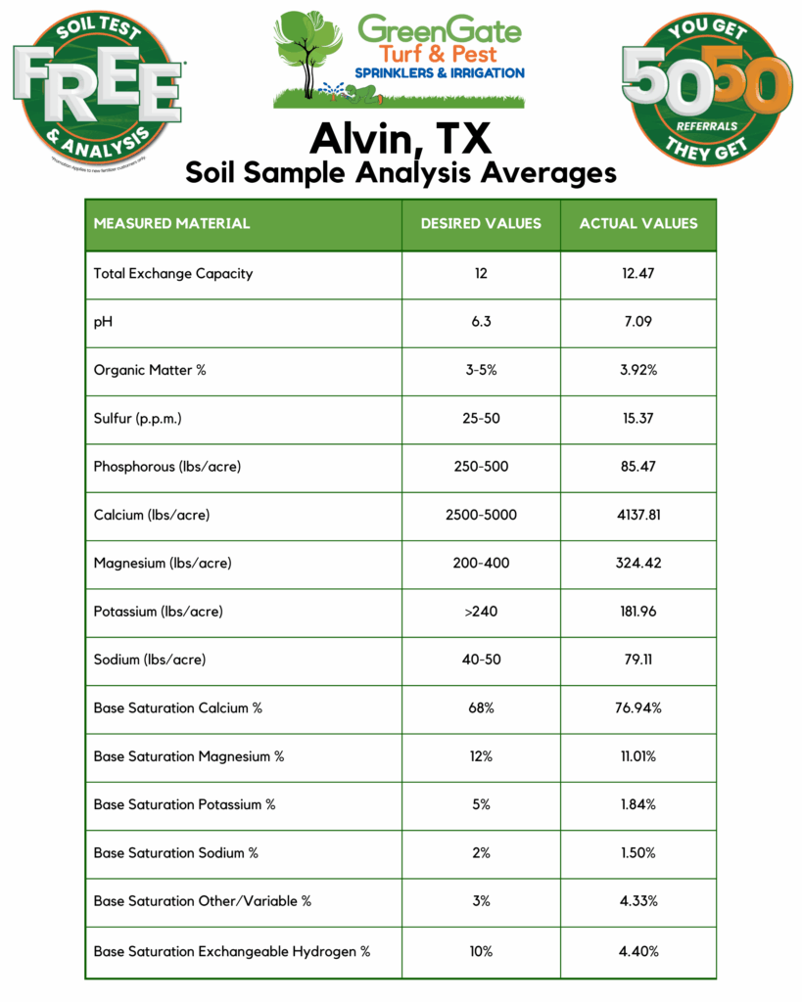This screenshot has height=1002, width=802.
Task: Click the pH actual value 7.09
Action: click(637, 322)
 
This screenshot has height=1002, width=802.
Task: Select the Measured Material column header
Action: click(171, 223)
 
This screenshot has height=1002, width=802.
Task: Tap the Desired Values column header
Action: click(481, 223)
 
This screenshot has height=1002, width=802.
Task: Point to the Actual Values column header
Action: click(638, 223)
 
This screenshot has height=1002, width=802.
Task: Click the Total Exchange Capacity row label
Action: click(172, 274)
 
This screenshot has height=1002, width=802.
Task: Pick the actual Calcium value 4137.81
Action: click(638, 515)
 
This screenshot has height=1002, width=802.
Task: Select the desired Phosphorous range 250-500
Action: click(481, 467)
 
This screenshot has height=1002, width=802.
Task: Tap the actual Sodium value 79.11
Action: click(638, 660)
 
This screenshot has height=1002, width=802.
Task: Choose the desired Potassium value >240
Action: click(481, 612)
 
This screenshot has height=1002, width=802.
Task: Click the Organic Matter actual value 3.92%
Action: click(638, 371)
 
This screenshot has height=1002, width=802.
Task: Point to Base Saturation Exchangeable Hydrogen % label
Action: click(232, 951)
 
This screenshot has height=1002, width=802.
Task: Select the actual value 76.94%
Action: click(638, 707)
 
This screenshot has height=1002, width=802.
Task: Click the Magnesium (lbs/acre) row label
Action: click(163, 564)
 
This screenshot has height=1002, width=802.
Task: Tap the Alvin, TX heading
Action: click(401, 138)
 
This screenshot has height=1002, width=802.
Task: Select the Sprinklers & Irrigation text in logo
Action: click(441, 73)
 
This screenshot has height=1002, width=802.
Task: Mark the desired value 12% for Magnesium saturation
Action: click(481, 756)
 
